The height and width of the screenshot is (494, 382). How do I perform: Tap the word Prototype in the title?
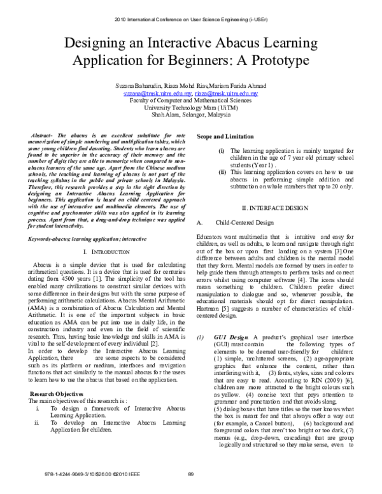[276, 62]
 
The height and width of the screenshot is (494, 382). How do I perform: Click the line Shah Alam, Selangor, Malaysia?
[190, 116]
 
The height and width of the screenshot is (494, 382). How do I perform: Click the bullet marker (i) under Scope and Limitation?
[222, 150]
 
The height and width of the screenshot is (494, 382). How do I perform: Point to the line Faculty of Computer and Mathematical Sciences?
[190, 101]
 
